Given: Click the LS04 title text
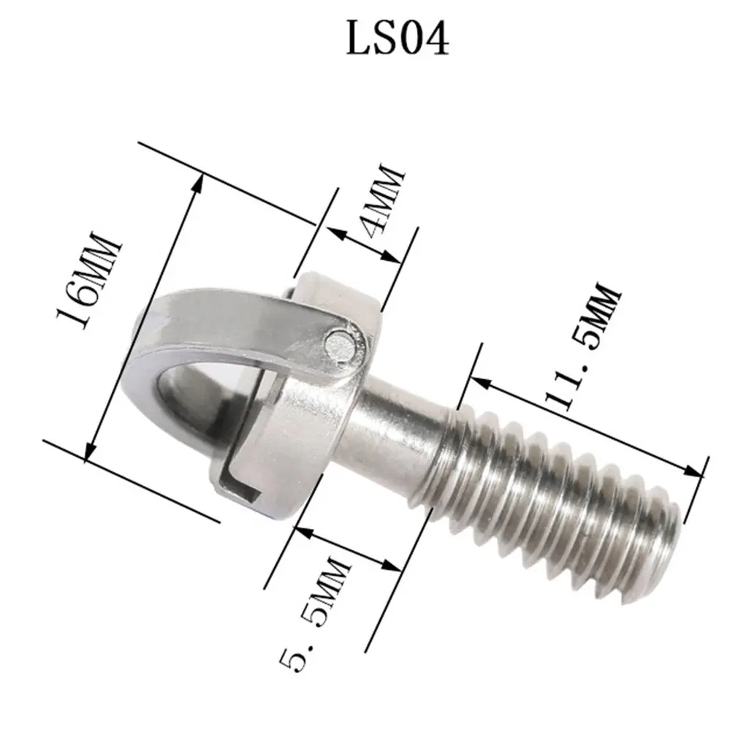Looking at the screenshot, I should pyautogui.click(x=397, y=40).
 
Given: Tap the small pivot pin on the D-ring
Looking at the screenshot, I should pyautogui.click(x=338, y=343).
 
